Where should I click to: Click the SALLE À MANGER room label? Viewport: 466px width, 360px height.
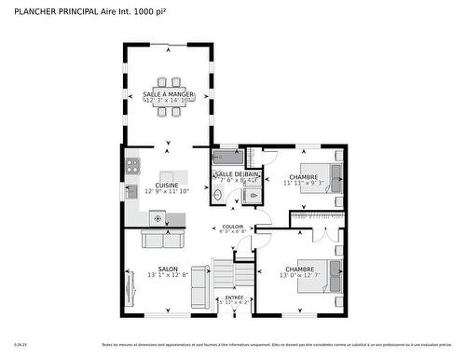click(x=169, y=94)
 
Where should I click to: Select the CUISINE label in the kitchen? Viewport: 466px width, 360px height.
click(x=168, y=185)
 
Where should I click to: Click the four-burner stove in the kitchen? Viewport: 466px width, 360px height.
click(x=132, y=166)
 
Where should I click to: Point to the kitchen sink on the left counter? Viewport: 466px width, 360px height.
click(x=132, y=190)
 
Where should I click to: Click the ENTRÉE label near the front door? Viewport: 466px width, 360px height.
click(x=233, y=298)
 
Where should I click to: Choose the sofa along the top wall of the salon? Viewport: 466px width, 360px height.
click(x=162, y=240)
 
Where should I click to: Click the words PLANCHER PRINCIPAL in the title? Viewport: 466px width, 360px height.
click(x=53, y=11)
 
